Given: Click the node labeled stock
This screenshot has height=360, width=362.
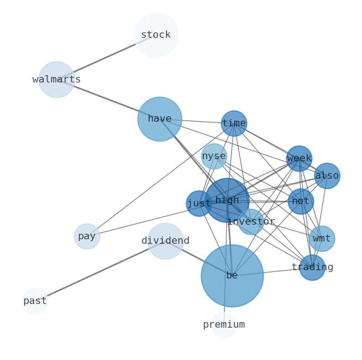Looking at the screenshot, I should [x=156, y=35].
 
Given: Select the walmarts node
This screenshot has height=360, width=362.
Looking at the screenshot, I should [x=57, y=80].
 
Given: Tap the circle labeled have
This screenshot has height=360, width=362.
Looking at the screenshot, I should [x=160, y=119].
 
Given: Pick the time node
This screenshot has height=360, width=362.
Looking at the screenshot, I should [x=234, y=123].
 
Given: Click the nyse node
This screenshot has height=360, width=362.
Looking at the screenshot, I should [x=214, y=156].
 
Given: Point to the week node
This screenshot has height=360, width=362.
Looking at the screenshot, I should [x=299, y=159].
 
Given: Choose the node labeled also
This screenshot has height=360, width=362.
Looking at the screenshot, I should [x=327, y=176].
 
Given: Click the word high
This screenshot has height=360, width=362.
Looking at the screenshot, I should [x=227, y=201].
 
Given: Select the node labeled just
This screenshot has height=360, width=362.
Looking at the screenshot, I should [x=199, y=204].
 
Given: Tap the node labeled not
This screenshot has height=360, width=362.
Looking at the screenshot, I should [x=300, y=201].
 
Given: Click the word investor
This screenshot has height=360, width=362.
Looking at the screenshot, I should [x=251, y=222].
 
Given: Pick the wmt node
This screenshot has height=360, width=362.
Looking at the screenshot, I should [x=322, y=239].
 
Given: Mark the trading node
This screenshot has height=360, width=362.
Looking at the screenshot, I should [x=312, y=267].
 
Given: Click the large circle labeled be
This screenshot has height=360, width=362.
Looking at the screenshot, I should [x=232, y=276].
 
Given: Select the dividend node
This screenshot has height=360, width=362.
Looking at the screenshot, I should [x=165, y=241].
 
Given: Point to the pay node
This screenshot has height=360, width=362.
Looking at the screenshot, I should [x=87, y=237].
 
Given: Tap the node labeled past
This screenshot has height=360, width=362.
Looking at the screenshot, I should [x=35, y=301].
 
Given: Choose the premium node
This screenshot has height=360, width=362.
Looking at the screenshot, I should [x=224, y=325].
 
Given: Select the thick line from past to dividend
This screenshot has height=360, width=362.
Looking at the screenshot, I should [x=100, y=271].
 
